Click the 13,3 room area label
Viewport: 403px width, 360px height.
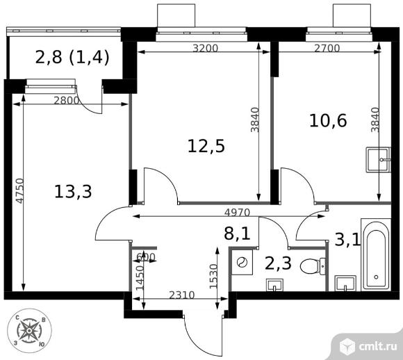click(x=73, y=190)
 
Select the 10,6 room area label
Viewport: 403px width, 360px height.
click(x=328, y=120)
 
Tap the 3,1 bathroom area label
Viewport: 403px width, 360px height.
click(x=348, y=240)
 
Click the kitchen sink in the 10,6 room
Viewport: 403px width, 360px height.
click(x=378, y=160)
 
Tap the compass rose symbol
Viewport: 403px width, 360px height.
click(x=29, y=329)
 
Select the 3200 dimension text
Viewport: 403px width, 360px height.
click(x=206, y=48)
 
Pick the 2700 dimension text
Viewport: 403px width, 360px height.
click(x=327, y=48)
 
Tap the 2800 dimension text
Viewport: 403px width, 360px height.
click(x=67, y=100)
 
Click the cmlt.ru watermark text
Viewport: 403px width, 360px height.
click(x=375, y=343)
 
